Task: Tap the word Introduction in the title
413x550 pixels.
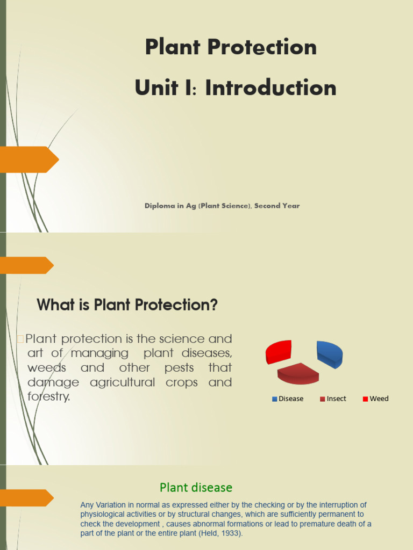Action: [x=270, y=88]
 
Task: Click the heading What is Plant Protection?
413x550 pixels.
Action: [x=127, y=306]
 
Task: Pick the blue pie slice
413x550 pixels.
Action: [x=330, y=354]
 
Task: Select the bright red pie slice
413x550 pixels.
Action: [x=279, y=351]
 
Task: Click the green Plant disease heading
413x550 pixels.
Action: [x=196, y=488]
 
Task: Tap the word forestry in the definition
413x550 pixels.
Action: [x=48, y=397]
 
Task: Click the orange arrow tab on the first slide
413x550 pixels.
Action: [x=28, y=160]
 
